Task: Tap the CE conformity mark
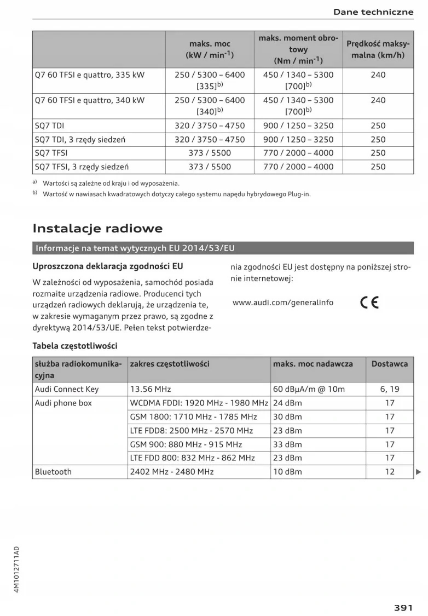370,303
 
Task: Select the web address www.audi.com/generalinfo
282,303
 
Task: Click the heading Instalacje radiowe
97,228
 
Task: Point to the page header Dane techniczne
373,12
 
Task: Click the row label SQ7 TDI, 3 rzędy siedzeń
80,140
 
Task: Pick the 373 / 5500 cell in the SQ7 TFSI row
210,153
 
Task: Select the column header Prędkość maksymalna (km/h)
378,49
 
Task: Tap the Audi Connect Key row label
67,389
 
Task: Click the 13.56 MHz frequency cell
151,389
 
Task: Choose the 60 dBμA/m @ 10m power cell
309,389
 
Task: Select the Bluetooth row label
53,471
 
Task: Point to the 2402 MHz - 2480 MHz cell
172,471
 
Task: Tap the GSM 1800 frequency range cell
194,417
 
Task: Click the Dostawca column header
390,363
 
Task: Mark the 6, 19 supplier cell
390,389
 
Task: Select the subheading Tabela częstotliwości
75,346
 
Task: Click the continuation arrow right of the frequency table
419,471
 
